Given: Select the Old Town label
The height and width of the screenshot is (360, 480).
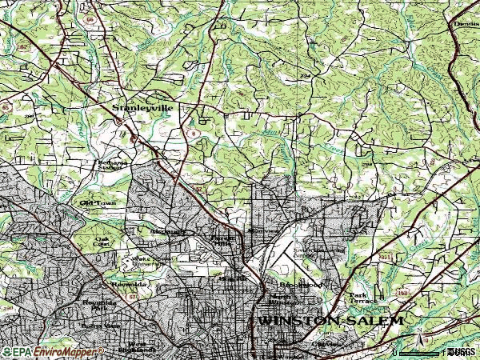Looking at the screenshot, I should pos(98,203).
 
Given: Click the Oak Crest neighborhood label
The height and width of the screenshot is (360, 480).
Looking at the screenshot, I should pos(102,241).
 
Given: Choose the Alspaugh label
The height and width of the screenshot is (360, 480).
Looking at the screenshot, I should pos(167,231).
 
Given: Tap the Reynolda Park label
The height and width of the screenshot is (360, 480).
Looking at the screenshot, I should pos(100,306).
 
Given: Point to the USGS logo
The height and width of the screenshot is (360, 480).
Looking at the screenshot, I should pos(462,351).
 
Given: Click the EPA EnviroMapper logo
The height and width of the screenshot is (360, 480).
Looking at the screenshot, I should pos(48,351).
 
